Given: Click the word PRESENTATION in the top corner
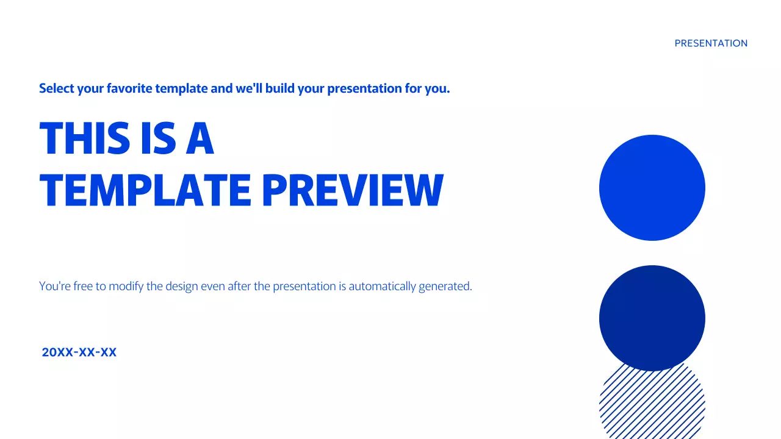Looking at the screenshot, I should click(711, 43).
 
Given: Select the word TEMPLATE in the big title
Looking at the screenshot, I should click(145, 190).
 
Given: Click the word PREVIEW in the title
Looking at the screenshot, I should click(352, 190).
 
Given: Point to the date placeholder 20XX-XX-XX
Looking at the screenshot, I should click(79, 352).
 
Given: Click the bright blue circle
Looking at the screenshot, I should click(652, 188).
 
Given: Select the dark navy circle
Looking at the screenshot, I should click(652, 318).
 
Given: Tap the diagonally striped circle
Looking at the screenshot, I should click(652, 405).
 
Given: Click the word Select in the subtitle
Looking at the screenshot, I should click(56, 88).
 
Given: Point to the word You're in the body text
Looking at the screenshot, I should click(55, 286).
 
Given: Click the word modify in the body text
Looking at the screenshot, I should click(126, 286).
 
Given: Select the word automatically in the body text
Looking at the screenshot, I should click(382, 286).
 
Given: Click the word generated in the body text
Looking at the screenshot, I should click(445, 286).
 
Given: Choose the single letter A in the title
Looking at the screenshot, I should click(200, 138).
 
